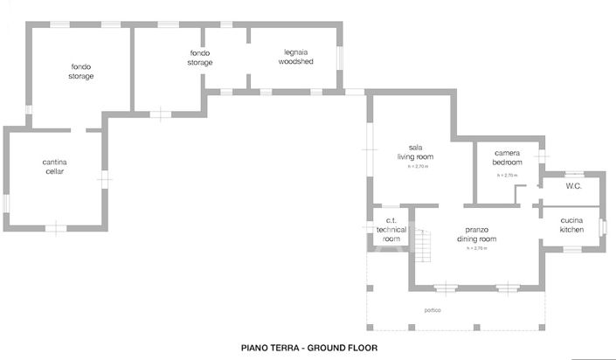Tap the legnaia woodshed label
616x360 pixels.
click(x=294, y=57)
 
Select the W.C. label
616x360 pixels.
click(x=573, y=186)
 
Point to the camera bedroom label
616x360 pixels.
click(x=507, y=157)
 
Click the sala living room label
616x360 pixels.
click(x=415, y=152)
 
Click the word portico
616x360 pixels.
click(x=433, y=311)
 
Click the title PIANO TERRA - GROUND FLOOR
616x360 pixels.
click(x=308, y=347)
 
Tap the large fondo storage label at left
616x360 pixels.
click(x=81, y=72)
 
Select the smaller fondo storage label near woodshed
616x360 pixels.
click(x=200, y=58)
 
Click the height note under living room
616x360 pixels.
click(x=415, y=167)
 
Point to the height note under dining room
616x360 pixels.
click(x=475, y=248)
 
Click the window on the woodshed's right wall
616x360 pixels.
click(x=341, y=58)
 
